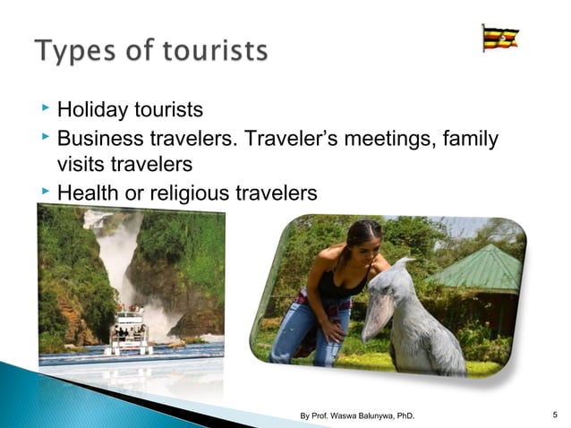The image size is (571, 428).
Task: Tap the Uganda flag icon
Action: pos(500,39)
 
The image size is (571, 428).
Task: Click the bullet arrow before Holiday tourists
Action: pos(45,109)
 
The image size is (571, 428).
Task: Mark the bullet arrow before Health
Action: pos(45,190)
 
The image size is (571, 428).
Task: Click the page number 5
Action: pos(556,414)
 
